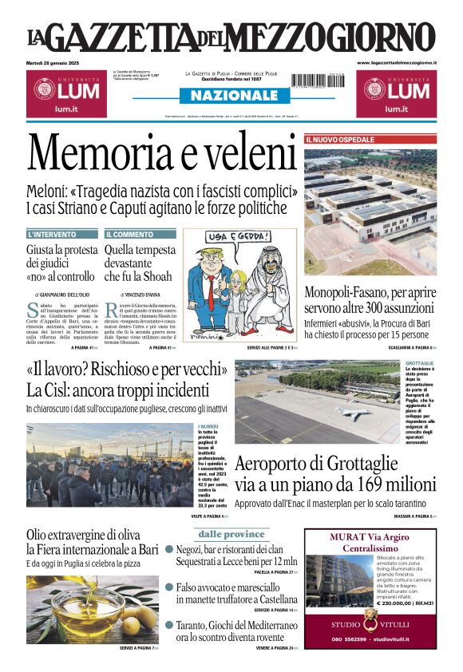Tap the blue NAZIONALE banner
tap(231, 96)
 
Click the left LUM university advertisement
tap(64, 93)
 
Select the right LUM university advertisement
tap(396, 93)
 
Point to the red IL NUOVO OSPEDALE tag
tap(339, 140)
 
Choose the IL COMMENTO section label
tap(129, 235)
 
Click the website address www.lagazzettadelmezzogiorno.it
tap(397, 62)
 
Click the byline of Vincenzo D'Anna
tap(142, 294)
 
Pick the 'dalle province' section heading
tap(231, 534)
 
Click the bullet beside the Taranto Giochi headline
tap(169, 625)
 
